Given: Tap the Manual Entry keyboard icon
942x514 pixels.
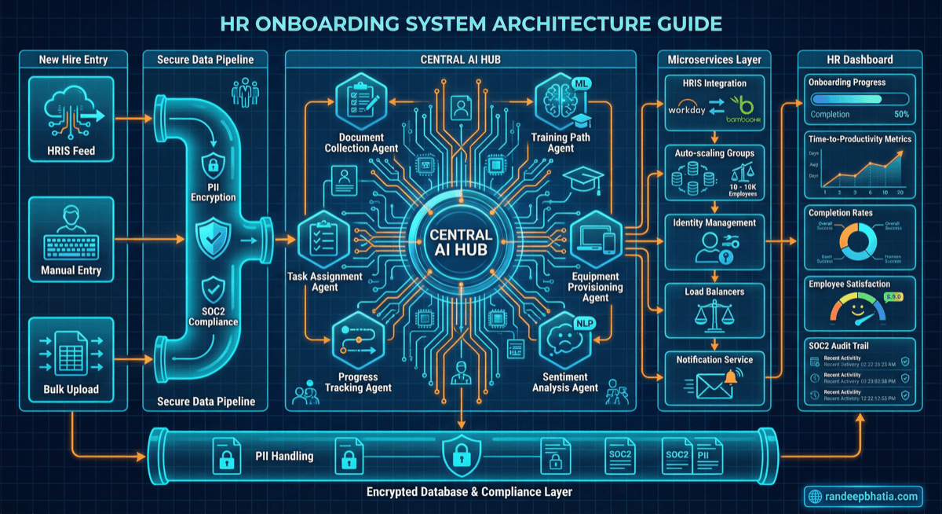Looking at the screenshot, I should click(x=71, y=232).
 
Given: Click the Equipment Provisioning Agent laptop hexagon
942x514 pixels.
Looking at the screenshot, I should click(x=596, y=237).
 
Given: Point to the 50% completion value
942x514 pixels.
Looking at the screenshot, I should click(x=902, y=114).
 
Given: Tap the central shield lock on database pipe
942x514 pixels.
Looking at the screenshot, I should click(x=458, y=455).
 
